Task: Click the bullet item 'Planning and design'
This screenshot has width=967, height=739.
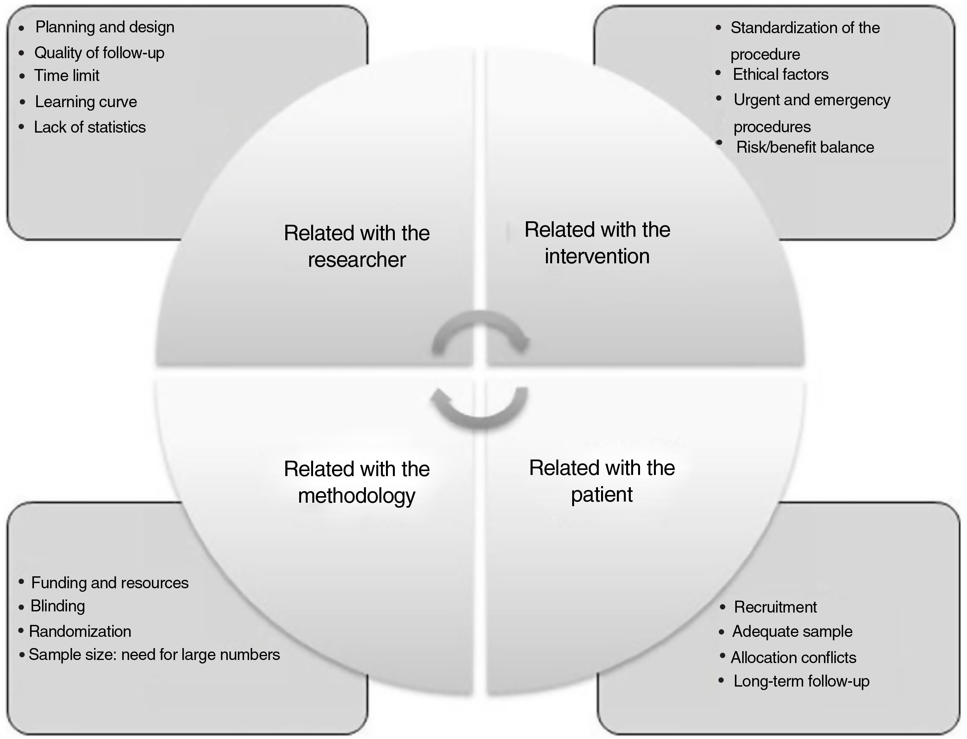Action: point(105,27)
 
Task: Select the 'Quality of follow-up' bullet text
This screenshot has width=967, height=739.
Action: point(99,53)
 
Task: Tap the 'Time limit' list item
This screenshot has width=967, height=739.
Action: point(66,76)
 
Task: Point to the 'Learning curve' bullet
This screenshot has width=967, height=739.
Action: point(86,102)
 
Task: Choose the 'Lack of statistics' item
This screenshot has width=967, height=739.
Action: point(90,127)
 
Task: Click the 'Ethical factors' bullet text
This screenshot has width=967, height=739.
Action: point(780,74)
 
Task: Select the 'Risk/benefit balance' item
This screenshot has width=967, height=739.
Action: point(805,147)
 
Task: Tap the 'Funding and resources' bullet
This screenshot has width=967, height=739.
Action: point(110,583)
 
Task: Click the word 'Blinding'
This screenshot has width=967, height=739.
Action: point(57,606)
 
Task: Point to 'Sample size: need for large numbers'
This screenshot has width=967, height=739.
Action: point(154,655)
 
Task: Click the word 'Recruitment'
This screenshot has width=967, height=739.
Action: point(775,607)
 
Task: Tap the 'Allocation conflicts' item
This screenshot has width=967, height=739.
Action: point(793,658)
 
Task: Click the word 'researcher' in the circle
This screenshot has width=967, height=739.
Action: point(356,259)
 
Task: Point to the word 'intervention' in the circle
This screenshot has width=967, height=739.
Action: point(597,256)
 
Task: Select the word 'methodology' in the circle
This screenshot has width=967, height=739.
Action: point(356,496)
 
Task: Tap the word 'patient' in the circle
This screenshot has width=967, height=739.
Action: point(601,495)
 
